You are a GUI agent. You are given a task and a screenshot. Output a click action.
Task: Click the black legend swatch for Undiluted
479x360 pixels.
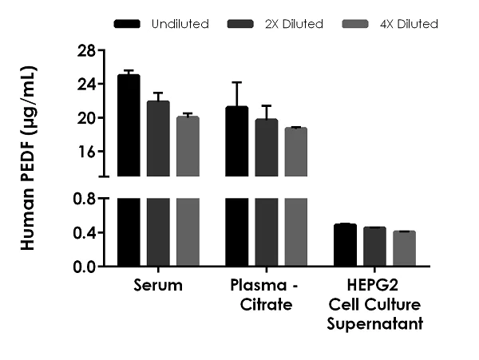click(128, 24)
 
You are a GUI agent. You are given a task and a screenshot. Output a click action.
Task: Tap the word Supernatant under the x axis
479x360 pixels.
click(374, 324)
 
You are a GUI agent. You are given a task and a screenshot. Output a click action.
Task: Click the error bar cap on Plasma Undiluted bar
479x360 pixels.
click(236, 82)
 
